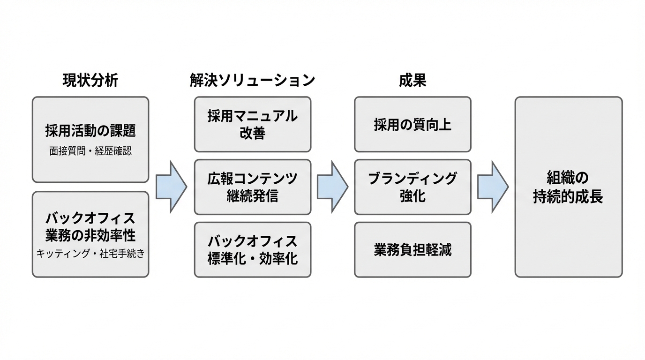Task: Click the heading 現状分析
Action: (90, 81)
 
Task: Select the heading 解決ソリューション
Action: (252, 81)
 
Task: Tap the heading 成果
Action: (412, 81)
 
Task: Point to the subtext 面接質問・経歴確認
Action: (90, 152)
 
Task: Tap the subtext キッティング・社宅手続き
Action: (90, 254)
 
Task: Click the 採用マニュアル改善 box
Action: (252, 124)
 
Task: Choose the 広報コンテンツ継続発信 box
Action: (252, 187)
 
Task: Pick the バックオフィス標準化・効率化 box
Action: (252, 249)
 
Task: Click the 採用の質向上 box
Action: (412, 125)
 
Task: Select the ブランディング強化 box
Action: (412, 187)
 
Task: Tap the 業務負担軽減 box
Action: (412, 250)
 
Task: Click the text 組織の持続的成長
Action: (568, 187)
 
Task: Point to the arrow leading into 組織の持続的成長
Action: (493, 187)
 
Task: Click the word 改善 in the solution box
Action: (252, 133)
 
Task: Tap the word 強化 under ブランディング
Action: (412, 195)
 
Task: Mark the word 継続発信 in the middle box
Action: (252, 195)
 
